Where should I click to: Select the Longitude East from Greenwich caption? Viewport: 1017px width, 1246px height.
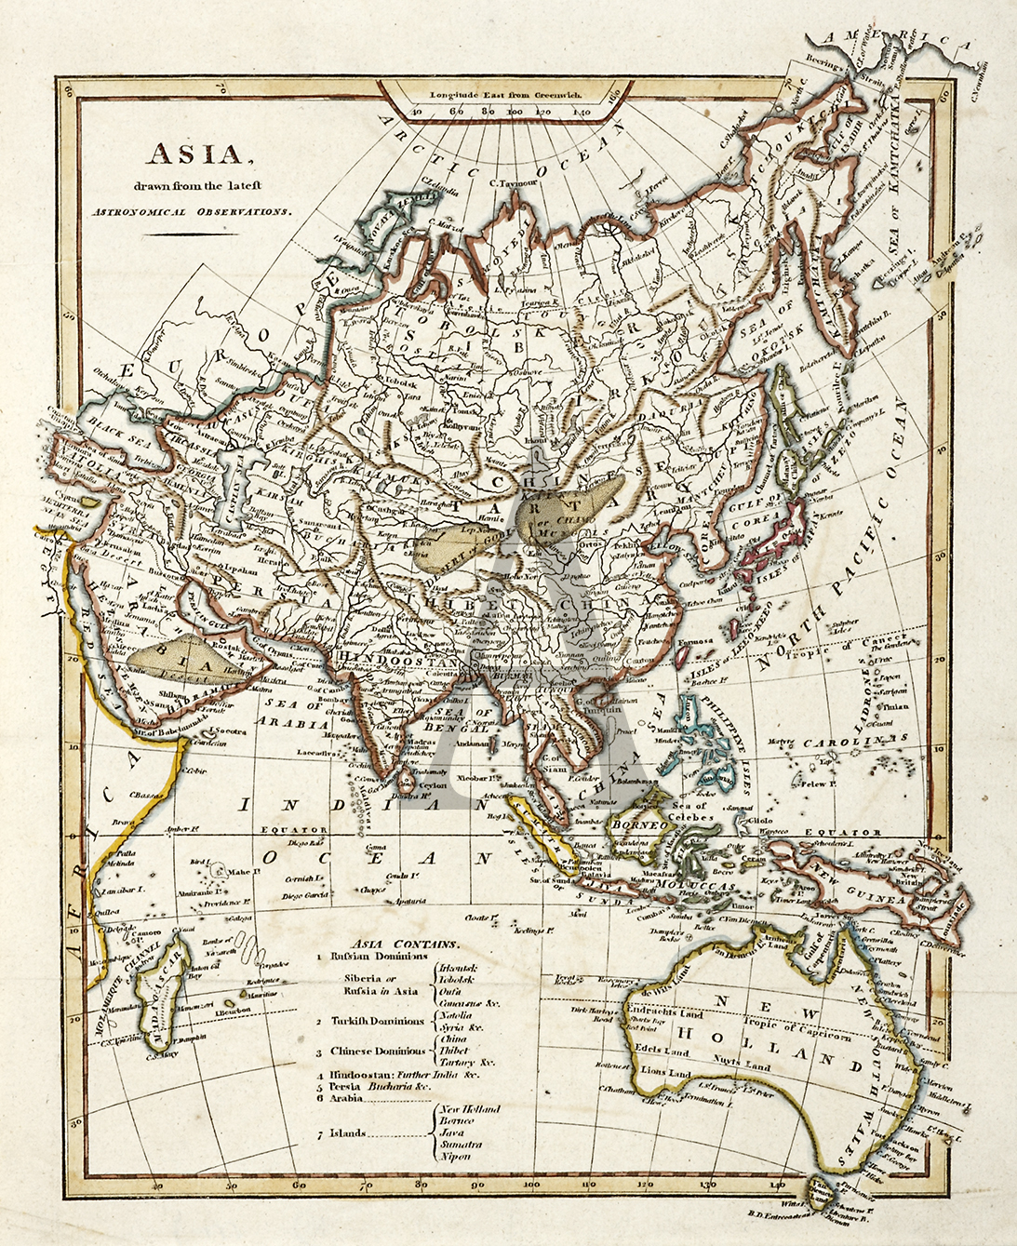click(505, 94)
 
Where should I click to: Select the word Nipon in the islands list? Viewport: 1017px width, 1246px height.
click(456, 1157)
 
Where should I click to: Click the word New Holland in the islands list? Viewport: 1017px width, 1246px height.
click(470, 1109)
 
